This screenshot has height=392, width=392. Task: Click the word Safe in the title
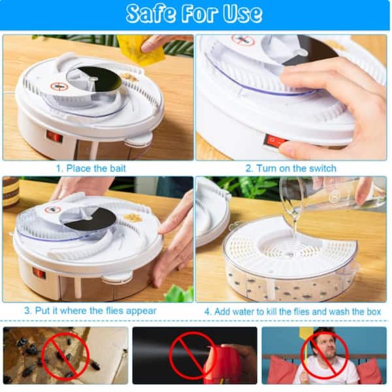[151, 13]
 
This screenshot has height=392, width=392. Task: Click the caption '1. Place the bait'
[91, 169]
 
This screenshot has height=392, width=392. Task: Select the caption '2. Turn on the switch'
[291, 169]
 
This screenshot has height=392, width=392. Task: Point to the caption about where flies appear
[90, 310]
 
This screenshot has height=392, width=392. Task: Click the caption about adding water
[293, 312]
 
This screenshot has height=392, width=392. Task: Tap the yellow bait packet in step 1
[140, 50]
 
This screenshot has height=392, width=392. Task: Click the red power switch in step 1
[54, 137]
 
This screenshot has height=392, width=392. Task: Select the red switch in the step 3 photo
[39, 272]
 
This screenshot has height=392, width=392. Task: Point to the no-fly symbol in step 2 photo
[243, 40]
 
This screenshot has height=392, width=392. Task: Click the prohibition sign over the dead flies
[65, 355]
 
